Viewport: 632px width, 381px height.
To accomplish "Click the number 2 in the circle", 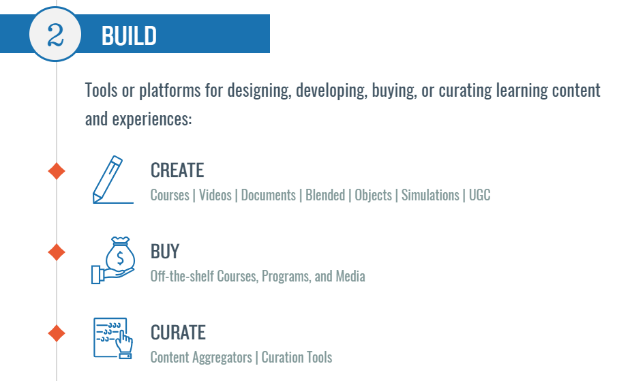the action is [x=55, y=35].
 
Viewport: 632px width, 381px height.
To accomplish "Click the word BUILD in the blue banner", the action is [x=129, y=36].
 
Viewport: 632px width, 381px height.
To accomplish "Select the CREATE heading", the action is [x=177, y=170].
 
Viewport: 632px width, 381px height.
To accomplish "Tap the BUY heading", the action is [x=165, y=252].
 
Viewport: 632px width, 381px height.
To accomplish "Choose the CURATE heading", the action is [x=178, y=333].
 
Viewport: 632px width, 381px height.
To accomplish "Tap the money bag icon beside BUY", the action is [x=113, y=260].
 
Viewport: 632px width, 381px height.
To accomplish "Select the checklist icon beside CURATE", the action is [x=113, y=338].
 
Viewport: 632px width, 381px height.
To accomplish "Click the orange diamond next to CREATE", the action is [x=57, y=171].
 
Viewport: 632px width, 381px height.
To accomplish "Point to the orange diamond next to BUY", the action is [x=57, y=252].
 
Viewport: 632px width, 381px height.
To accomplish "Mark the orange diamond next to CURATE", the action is [x=57, y=333].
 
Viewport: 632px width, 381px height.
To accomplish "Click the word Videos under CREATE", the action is [x=215, y=196].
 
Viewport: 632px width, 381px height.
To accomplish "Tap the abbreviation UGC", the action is [x=480, y=196].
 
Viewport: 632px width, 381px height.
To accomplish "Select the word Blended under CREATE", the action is [x=325, y=196].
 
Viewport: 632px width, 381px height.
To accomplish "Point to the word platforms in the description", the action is [x=170, y=91].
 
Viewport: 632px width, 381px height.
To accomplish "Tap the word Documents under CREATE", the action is [x=269, y=196].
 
